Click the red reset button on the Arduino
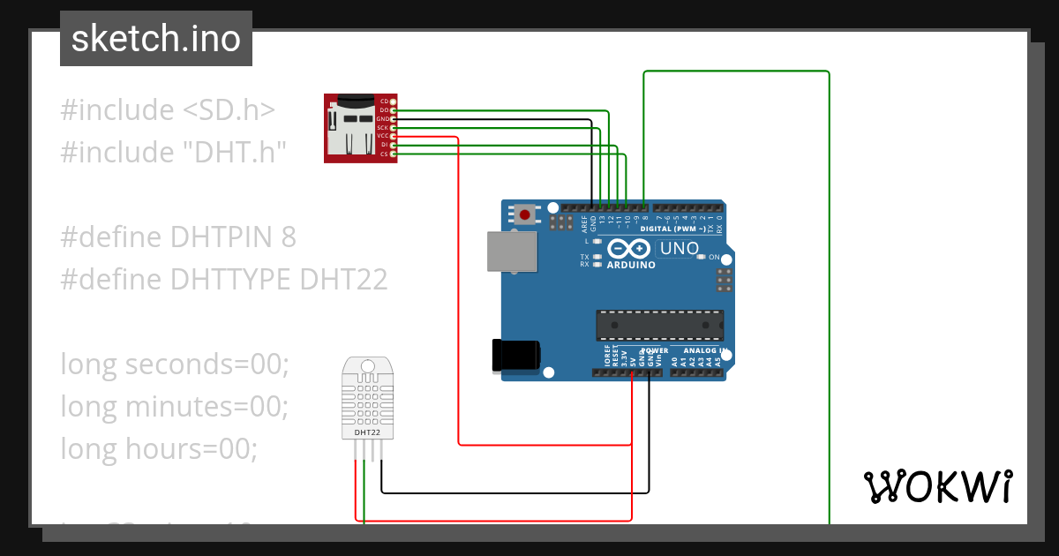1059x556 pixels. (526, 214)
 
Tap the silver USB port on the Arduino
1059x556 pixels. (512, 251)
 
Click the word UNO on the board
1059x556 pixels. (679, 248)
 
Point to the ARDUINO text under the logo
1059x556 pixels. (631, 265)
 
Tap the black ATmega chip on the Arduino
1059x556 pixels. (659, 325)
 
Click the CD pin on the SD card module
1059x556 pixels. (393, 101)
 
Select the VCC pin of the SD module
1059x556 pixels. (393, 136)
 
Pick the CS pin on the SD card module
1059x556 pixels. (393, 154)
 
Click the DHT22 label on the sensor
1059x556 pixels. (367, 433)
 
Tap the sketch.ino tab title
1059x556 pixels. (156, 39)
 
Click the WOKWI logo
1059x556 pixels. (937, 486)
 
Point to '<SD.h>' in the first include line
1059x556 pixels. (229, 109)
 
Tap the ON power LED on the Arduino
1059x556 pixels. (702, 257)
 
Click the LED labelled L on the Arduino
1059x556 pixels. (597, 241)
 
